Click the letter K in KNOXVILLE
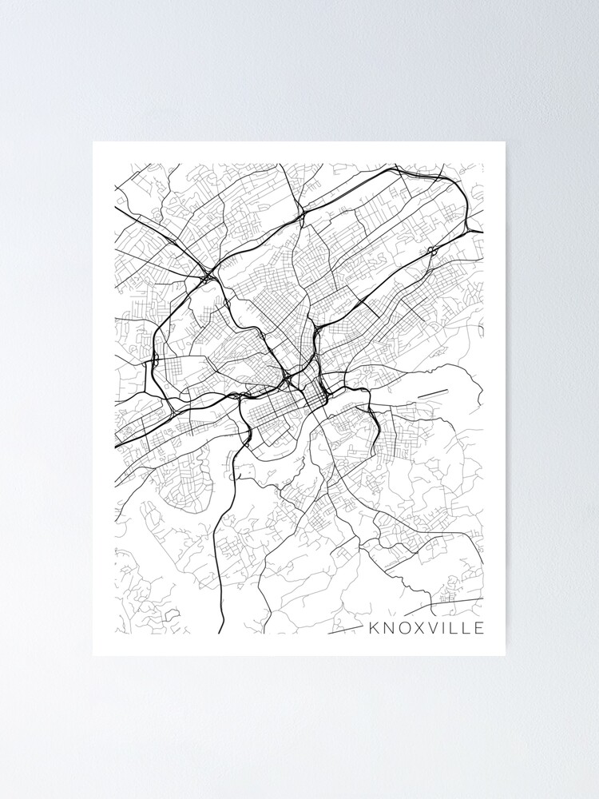373,627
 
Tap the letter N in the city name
387,627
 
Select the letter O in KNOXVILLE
403,627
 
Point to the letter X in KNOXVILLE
418,627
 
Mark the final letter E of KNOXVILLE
478,627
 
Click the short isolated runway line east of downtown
432,392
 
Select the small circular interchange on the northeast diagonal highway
431,250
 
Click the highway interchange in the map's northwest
206,277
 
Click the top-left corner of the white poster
93,143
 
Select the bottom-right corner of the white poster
505,655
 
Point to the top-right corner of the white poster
505,143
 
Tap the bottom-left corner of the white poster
93,655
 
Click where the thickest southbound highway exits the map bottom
220,633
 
